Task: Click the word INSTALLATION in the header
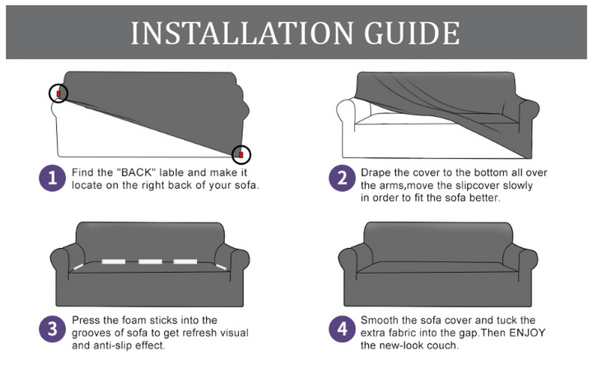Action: pos(242,33)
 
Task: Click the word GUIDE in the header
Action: pos(413,33)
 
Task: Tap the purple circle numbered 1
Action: pos(52,178)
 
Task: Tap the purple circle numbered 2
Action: pos(342,178)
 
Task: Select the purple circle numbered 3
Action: pos(52,329)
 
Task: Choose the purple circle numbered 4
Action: pos(342,329)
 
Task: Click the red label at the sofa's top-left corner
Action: pos(58,93)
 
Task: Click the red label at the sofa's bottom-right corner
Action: pos(240,155)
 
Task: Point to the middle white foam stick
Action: pos(150,261)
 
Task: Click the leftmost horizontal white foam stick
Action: pos(114,261)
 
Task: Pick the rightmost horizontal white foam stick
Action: pos(185,261)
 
